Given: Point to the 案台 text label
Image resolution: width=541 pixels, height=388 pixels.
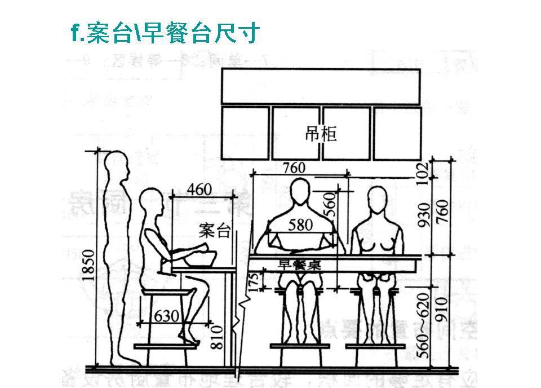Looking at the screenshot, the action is (215, 230).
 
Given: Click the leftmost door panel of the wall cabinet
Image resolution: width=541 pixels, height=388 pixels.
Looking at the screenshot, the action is (246, 133).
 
